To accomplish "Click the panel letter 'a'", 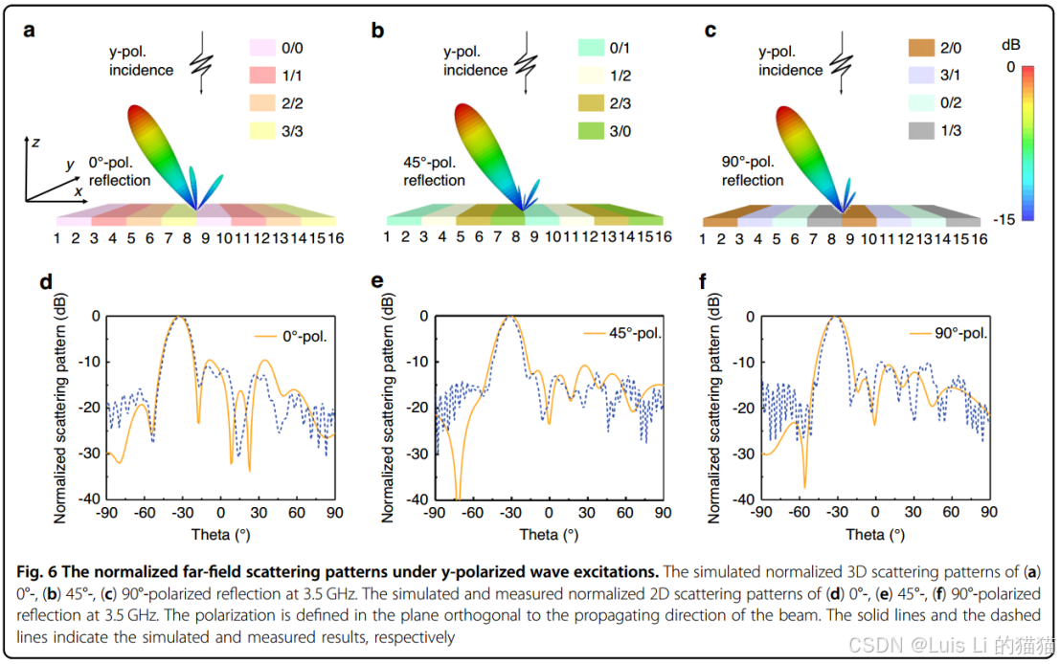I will (x=30, y=30).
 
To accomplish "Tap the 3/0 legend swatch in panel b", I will (x=591, y=131).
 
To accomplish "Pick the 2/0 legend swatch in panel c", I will (x=919, y=47).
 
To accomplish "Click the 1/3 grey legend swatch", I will (x=919, y=131).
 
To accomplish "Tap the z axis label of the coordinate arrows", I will (x=34, y=142).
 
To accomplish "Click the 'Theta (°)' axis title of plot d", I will (x=220, y=534).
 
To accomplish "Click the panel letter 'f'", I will (x=705, y=282).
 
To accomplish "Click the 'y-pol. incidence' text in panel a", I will (x=141, y=61).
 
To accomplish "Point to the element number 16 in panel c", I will (x=979, y=237).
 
